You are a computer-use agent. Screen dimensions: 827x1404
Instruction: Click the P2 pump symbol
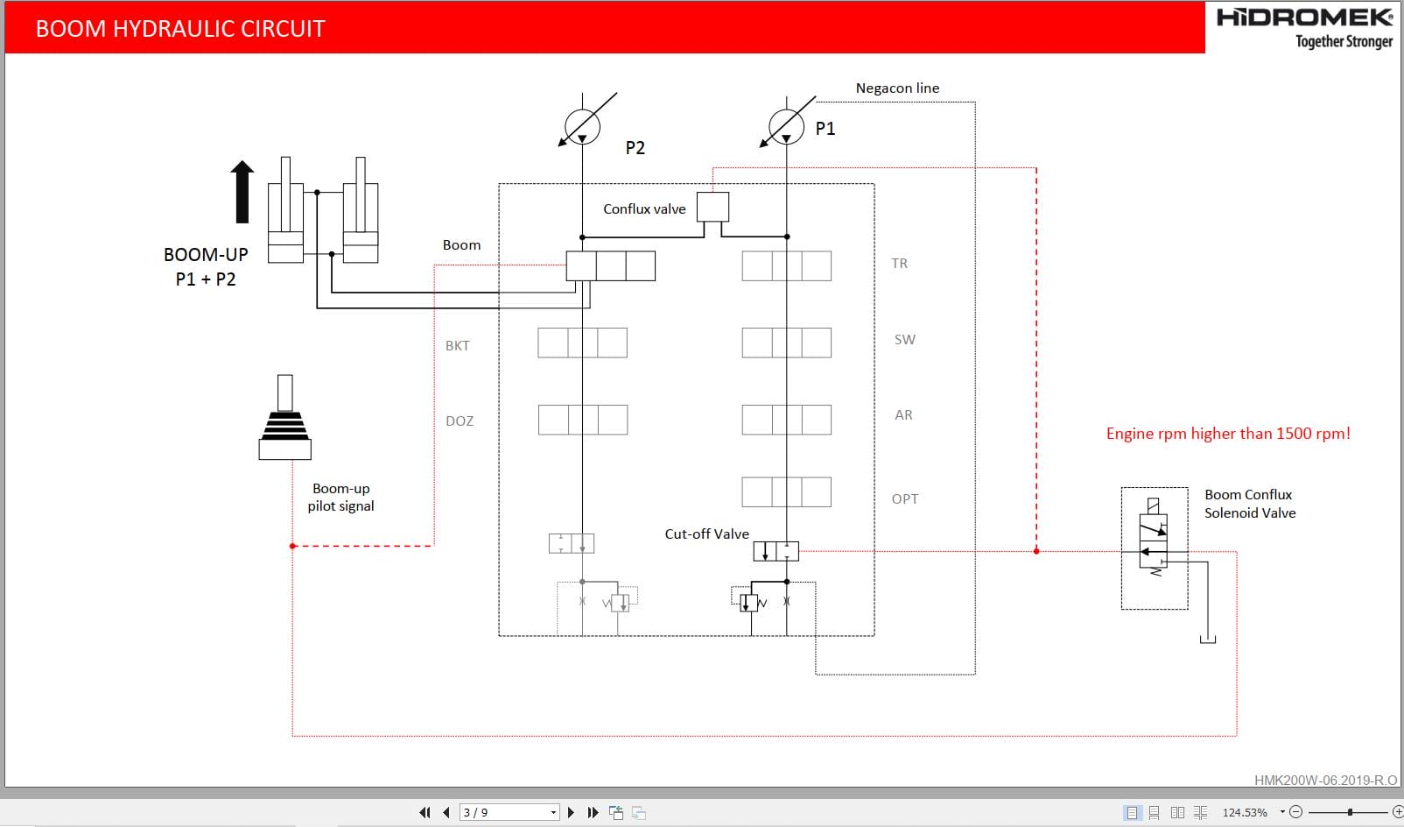(582, 127)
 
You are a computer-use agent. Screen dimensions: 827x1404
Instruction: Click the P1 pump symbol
(786, 126)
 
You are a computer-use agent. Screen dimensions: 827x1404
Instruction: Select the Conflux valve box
(713, 208)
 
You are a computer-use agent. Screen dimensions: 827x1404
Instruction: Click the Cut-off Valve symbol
(776, 552)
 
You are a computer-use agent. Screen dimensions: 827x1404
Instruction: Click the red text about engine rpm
(1227, 434)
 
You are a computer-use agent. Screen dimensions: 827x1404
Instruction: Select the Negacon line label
(897, 88)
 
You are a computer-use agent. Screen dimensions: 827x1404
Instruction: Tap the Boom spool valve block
(610, 266)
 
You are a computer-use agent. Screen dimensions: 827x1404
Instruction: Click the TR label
(899, 264)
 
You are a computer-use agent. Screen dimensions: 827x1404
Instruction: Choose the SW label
(904, 340)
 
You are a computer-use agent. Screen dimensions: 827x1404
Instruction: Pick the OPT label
(904, 499)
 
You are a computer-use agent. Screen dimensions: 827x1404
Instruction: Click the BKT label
(457, 346)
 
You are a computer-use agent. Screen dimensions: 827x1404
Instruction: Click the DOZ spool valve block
(582, 420)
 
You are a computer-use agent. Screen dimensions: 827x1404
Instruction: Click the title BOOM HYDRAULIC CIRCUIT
(180, 29)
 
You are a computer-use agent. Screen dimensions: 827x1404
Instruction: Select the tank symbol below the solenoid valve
(1208, 639)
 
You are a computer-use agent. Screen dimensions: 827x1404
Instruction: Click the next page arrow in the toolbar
(571, 813)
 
